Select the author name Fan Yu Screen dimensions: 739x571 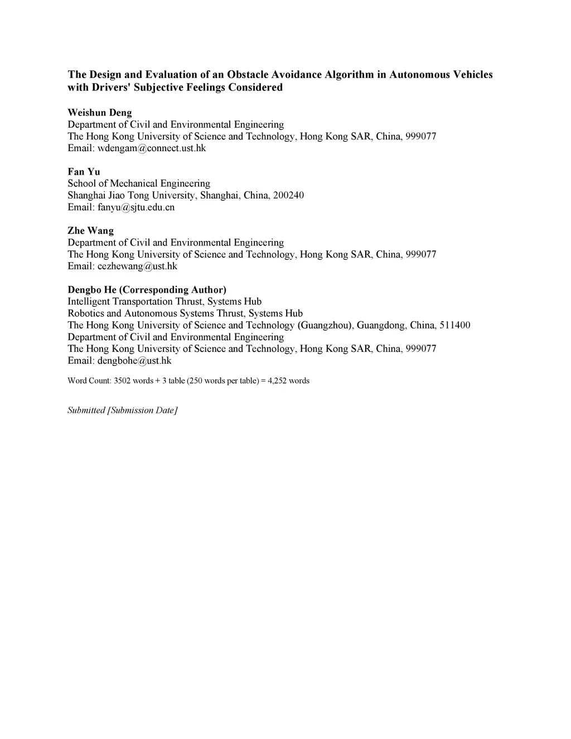point(84,172)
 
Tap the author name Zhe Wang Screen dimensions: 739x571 point(90,231)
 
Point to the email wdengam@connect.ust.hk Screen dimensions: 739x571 point(152,148)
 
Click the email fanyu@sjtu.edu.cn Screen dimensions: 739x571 point(136,207)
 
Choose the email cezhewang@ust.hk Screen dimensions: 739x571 point(137,267)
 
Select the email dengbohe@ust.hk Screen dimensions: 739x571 point(134,361)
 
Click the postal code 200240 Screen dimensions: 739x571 point(288,196)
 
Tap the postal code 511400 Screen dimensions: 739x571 point(454,325)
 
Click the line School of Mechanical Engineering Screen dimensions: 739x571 point(139,183)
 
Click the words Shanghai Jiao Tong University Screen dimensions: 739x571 point(131,196)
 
